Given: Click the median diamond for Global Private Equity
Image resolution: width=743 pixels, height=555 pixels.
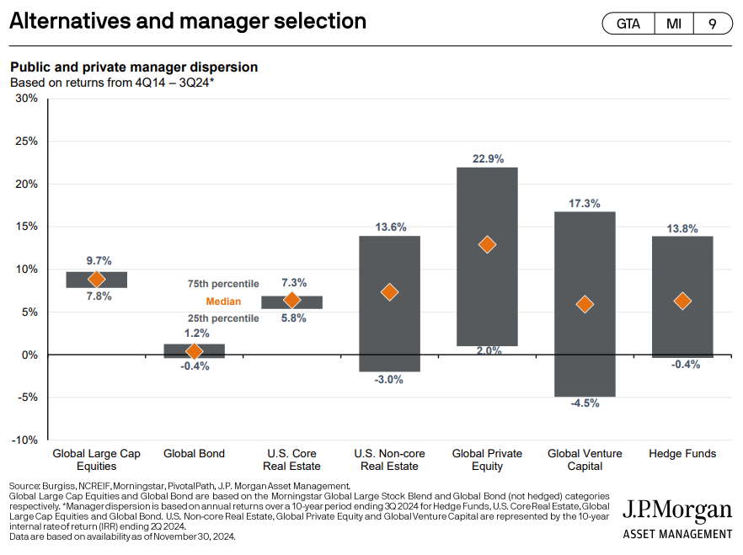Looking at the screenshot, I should point(487,245).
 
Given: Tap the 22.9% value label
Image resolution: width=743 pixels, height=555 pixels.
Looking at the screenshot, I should point(487,158).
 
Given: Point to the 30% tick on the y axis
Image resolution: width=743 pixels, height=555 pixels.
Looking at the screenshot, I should point(26,99).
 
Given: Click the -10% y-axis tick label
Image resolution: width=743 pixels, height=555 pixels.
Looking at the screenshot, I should point(24,440).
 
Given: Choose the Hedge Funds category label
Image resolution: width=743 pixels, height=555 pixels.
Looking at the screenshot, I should point(682,454).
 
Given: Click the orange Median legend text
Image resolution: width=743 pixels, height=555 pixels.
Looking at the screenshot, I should point(223,302).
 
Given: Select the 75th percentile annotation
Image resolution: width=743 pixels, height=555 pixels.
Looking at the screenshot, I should point(223,284).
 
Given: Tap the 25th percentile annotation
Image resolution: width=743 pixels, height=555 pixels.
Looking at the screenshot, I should point(223,318).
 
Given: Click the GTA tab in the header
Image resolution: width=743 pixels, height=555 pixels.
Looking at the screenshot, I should point(628,24).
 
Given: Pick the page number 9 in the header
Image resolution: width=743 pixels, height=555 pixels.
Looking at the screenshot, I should point(712,24).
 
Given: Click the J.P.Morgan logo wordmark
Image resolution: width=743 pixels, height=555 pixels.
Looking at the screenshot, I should point(677,510).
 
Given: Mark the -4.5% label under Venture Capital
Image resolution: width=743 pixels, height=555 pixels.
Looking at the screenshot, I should point(585,403).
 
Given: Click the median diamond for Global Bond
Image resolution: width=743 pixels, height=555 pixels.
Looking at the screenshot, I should point(194,351).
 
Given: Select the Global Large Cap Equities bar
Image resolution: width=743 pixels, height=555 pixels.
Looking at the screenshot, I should point(97,280).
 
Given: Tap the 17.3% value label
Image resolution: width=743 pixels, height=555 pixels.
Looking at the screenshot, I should point(585,203).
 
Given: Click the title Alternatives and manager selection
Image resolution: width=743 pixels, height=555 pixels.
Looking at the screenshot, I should point(188,21).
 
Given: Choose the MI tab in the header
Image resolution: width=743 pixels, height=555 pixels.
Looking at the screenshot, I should point(674,24).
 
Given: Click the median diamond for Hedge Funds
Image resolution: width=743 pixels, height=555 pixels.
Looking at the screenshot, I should point(682,302).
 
